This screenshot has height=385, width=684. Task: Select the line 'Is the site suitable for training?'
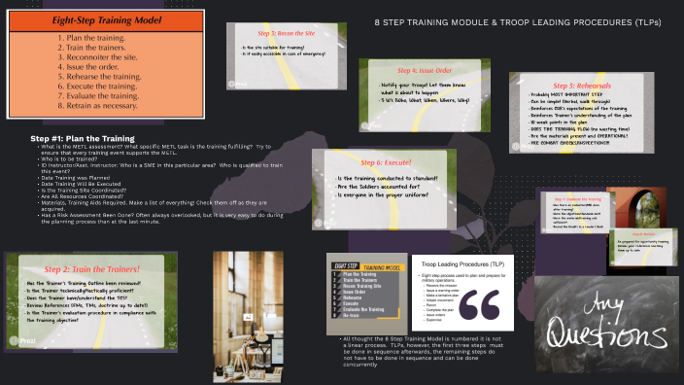point(283,47)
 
